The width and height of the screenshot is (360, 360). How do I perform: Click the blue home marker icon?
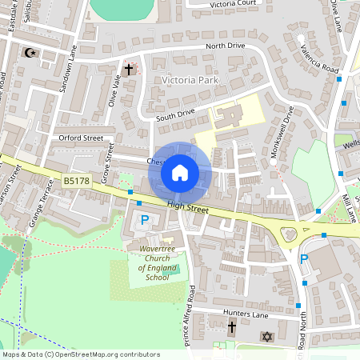[180, 172]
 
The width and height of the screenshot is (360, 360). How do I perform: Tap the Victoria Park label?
[190, 81]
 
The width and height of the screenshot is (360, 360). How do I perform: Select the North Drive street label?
[225, 46]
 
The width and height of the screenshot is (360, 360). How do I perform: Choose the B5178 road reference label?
[77, 182]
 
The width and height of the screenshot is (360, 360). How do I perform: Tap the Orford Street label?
[82, 138]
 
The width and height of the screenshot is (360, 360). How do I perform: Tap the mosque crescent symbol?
[31, 53]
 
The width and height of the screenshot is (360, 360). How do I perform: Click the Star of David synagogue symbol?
[267, 338]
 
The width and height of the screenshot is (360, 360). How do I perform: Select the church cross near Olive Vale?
[128, 70]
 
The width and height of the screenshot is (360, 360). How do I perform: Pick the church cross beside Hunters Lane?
[232, 327]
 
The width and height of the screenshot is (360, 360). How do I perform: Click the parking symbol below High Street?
[145, 220]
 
